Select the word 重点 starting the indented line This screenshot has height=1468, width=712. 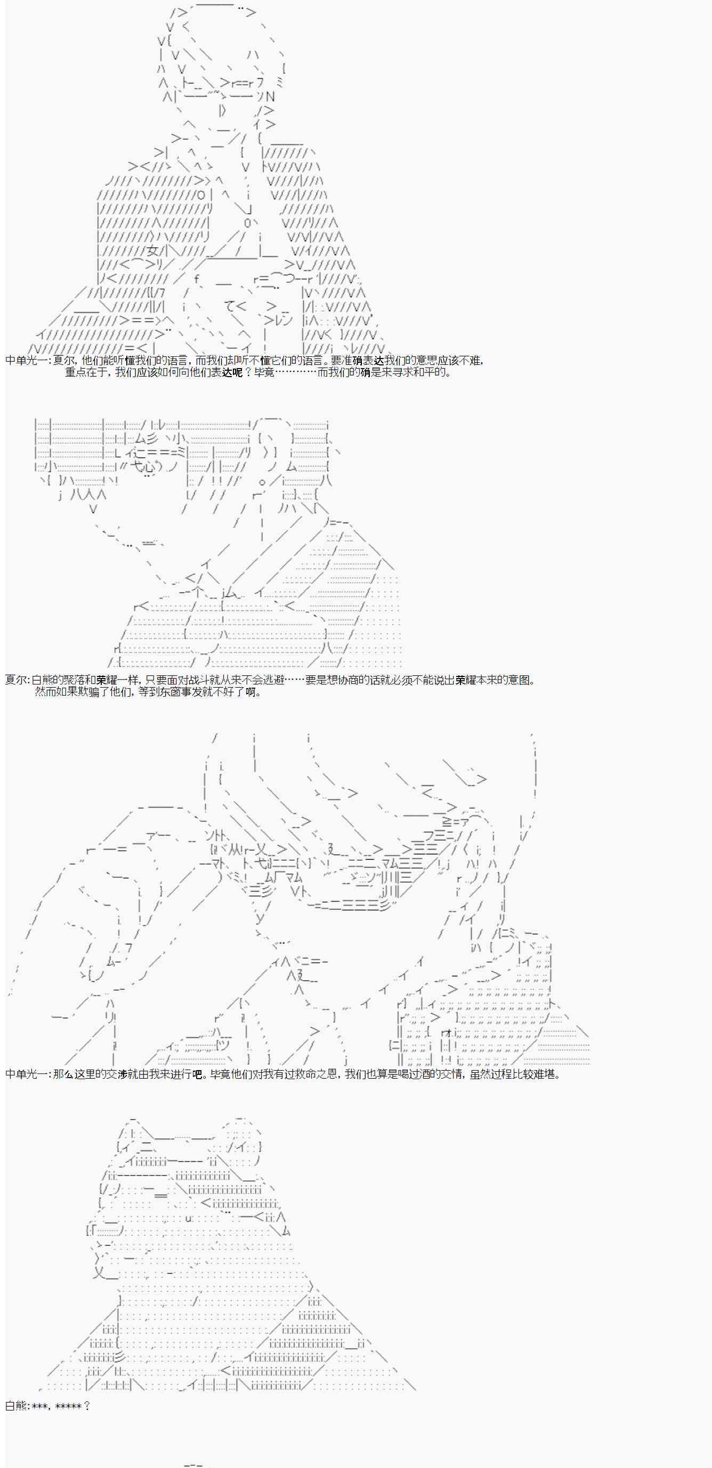(75, 373)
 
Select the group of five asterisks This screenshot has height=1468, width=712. (68, 1406)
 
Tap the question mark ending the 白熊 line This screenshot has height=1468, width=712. (87, 1406)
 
